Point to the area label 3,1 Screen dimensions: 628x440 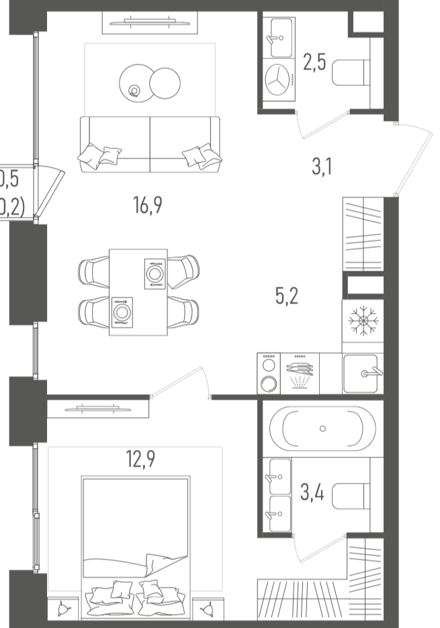321,166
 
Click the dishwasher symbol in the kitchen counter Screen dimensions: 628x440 299,374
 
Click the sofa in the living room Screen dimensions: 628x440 149,144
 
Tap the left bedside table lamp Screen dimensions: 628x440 64,609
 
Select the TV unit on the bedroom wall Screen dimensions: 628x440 98,408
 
